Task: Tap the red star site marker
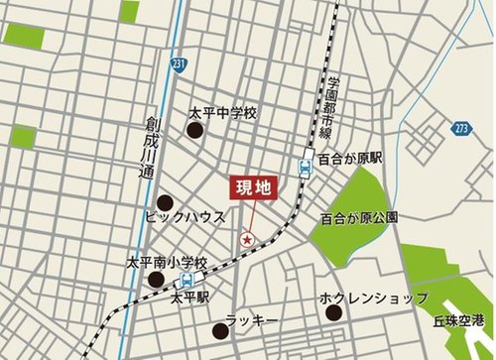click(248, 238)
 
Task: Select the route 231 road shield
click(178, 63)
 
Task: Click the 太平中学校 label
click(223, 113)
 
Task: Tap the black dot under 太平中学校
click(195, 130)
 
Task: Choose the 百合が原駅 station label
click(350, 159)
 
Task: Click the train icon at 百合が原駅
click(306, 165)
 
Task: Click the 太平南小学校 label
click(167, 264)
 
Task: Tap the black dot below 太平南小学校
click(155, 281)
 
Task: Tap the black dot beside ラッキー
click(219, 331)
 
